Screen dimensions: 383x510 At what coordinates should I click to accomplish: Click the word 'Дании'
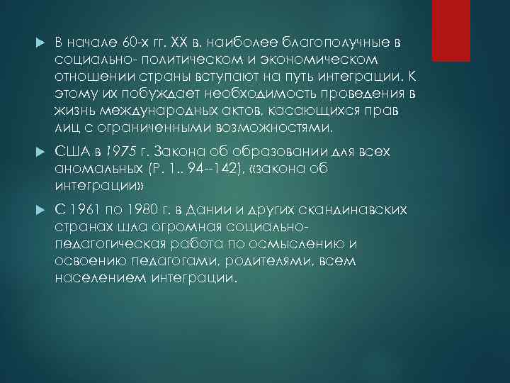[207, 211]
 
